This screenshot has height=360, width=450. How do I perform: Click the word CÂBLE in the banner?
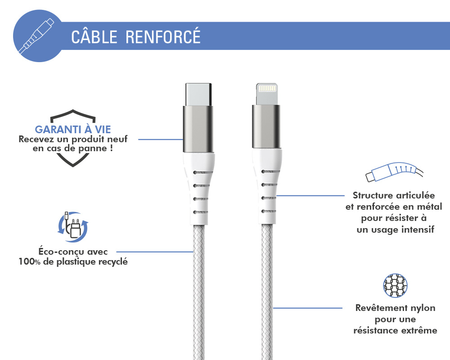pyautogui.click(x=94, y=36)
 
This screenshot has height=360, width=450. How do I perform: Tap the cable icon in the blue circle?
pyautogui.click(x=36, y=36)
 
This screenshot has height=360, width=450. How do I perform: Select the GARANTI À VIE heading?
pyautogui.click(x=73, y=130)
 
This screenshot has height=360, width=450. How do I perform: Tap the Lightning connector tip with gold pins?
pyautogui.click(x=266, y=94)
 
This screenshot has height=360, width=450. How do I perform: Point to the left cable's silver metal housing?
pyautogui.click(x=198, y=129)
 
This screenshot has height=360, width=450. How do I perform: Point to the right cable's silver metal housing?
pyautogui.click(x=266, y=126)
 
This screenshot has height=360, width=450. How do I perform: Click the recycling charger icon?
pyautogui.click(x=73, y=227)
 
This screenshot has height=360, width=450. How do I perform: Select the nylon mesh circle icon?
pyautogui.click(x=395, y=285)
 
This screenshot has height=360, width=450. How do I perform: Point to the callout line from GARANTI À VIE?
pyautogui.click(x=161, y=139)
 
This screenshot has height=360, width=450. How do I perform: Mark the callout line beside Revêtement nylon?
pyautogui.click(x=307, y=308)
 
